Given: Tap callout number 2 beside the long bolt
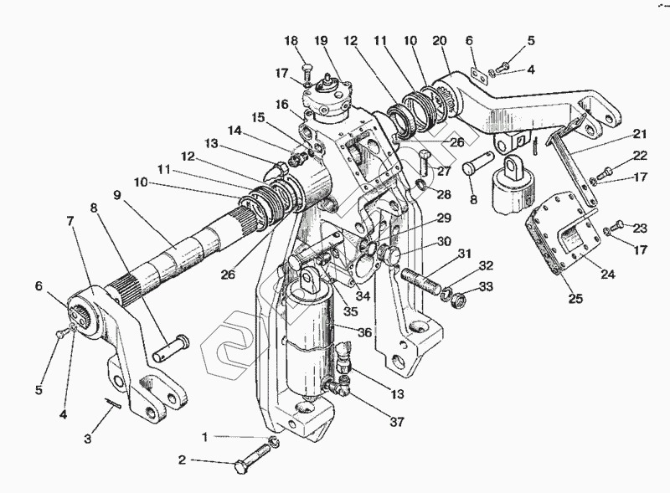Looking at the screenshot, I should tap(182, 460).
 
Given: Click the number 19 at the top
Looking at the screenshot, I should tap(322, 42).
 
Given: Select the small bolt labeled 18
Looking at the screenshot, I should tap(307, 69).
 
